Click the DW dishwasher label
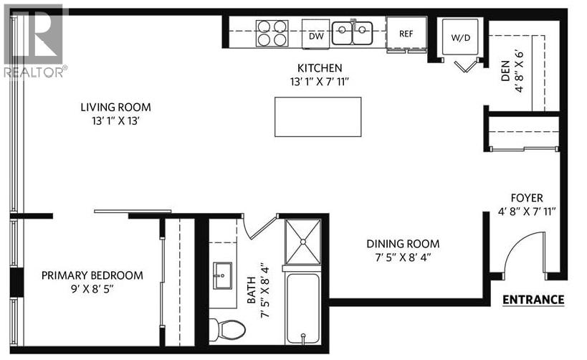click(315, 35)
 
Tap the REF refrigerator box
click(406, 33)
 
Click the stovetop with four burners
click(272, 33)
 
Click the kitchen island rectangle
click(318, 117)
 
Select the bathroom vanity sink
click(222, 275)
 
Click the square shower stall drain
click(304, 242)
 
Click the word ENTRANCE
click(533, 300)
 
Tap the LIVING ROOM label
click(115, 108)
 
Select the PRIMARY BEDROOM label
click(92, 275)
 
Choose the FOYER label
click(527, 198)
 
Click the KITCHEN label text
click(315, 69)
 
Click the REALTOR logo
click(34, 39)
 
